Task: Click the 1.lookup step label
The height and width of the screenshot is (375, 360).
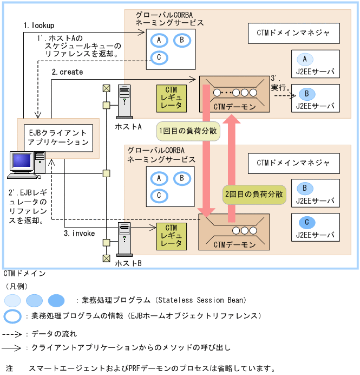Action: tap(39, 25)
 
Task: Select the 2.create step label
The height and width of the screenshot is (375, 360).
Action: tap(67, 72)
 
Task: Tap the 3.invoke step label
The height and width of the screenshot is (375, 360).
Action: tap(79, 234)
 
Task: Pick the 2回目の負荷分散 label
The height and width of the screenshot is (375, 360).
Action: tap(254, 193)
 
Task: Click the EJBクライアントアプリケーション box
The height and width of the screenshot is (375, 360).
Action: tap(58, 138)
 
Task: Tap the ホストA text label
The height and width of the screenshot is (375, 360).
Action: tap(128, 126)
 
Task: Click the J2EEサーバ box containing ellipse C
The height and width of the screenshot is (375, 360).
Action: tap(315, 227)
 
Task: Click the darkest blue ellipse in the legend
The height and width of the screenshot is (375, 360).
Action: tap(56, 300)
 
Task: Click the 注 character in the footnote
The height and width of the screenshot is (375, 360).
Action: tap(9, 368)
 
